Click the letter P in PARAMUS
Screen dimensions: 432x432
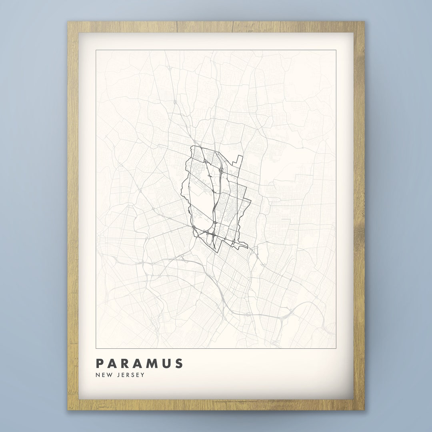pos(100,364)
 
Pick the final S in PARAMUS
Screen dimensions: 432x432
pos(179,364)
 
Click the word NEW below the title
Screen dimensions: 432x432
pos(103,375)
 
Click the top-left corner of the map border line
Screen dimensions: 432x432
pos(96,50)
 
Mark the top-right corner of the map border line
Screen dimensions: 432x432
pos(336,50)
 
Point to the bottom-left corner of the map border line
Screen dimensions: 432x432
pos(96,348)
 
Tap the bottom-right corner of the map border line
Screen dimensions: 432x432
pos(336,348)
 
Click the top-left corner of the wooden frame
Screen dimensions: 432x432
pos(68,22)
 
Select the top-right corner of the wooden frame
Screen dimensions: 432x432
pos(364,22)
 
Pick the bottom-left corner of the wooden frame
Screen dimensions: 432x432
pos(68,410)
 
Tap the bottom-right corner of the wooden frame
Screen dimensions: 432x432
pos(364,410)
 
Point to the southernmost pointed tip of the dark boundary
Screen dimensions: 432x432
pos(216,252)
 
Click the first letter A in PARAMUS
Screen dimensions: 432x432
pos(113,364)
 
